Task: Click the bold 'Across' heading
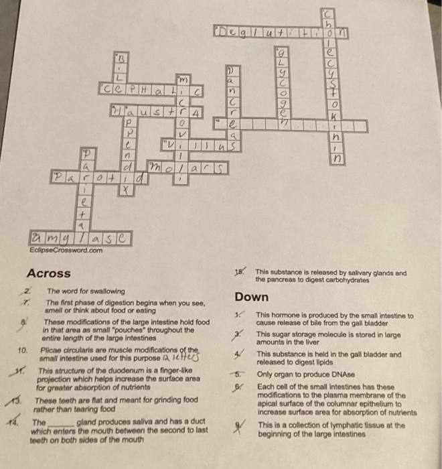50,273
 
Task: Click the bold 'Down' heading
251,297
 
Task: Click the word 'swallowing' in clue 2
106,291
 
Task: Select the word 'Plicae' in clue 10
51,350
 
